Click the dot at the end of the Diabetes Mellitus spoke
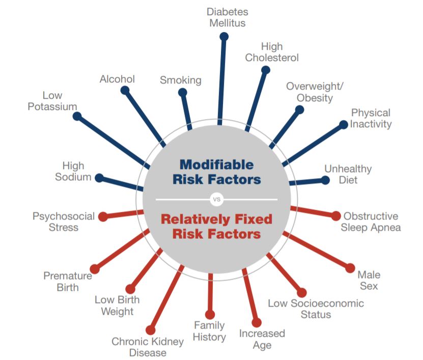point(223,36)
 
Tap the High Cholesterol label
point(272,52)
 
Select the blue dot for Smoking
point(182,92)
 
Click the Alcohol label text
point(117,79)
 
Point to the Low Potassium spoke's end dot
point(77,116)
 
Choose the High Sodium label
point(73,172)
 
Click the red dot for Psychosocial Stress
point(103,216)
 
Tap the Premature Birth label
point(68,281)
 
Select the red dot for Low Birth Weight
point(130,289)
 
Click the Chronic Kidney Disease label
point(148,347)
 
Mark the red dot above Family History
point(210,315)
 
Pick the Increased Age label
point(262,339)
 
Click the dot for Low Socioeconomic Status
point(302,292)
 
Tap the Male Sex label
point(369,280)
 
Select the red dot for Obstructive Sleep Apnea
point(336,216)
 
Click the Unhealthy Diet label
point(348,174)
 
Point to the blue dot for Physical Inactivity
point(343,124)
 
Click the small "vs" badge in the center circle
point(216,199)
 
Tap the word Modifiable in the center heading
point(216,164)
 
